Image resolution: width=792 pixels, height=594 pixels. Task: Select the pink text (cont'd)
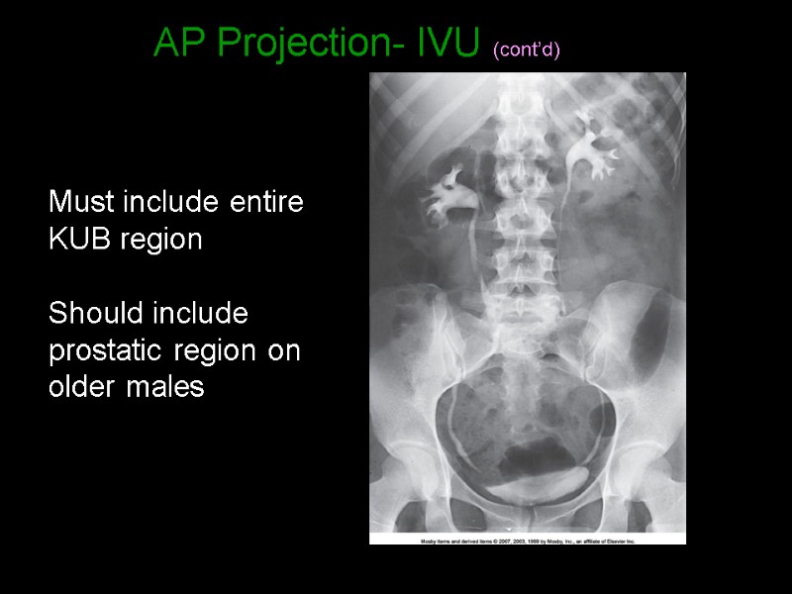526,49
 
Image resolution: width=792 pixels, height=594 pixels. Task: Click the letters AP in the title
183,43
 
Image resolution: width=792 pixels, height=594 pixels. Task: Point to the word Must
82,203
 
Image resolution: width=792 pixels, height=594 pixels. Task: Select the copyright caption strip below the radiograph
527,541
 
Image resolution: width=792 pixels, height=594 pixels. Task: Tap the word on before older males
285,351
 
